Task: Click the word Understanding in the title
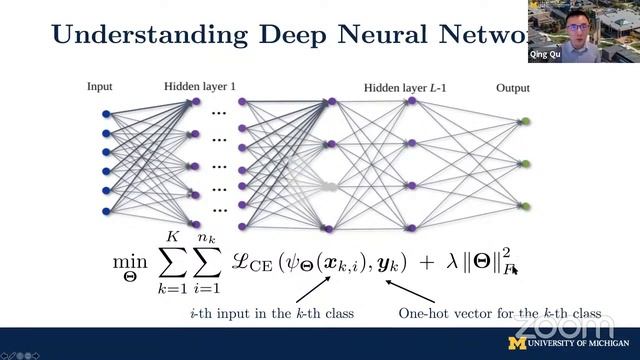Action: tap(149, 36)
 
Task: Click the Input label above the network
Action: tap(101, 88)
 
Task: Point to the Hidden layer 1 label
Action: tap(200, 88)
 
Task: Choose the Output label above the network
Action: tap(513, 88)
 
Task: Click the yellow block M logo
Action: tap(517, 343)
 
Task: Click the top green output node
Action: tap(524, 122)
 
